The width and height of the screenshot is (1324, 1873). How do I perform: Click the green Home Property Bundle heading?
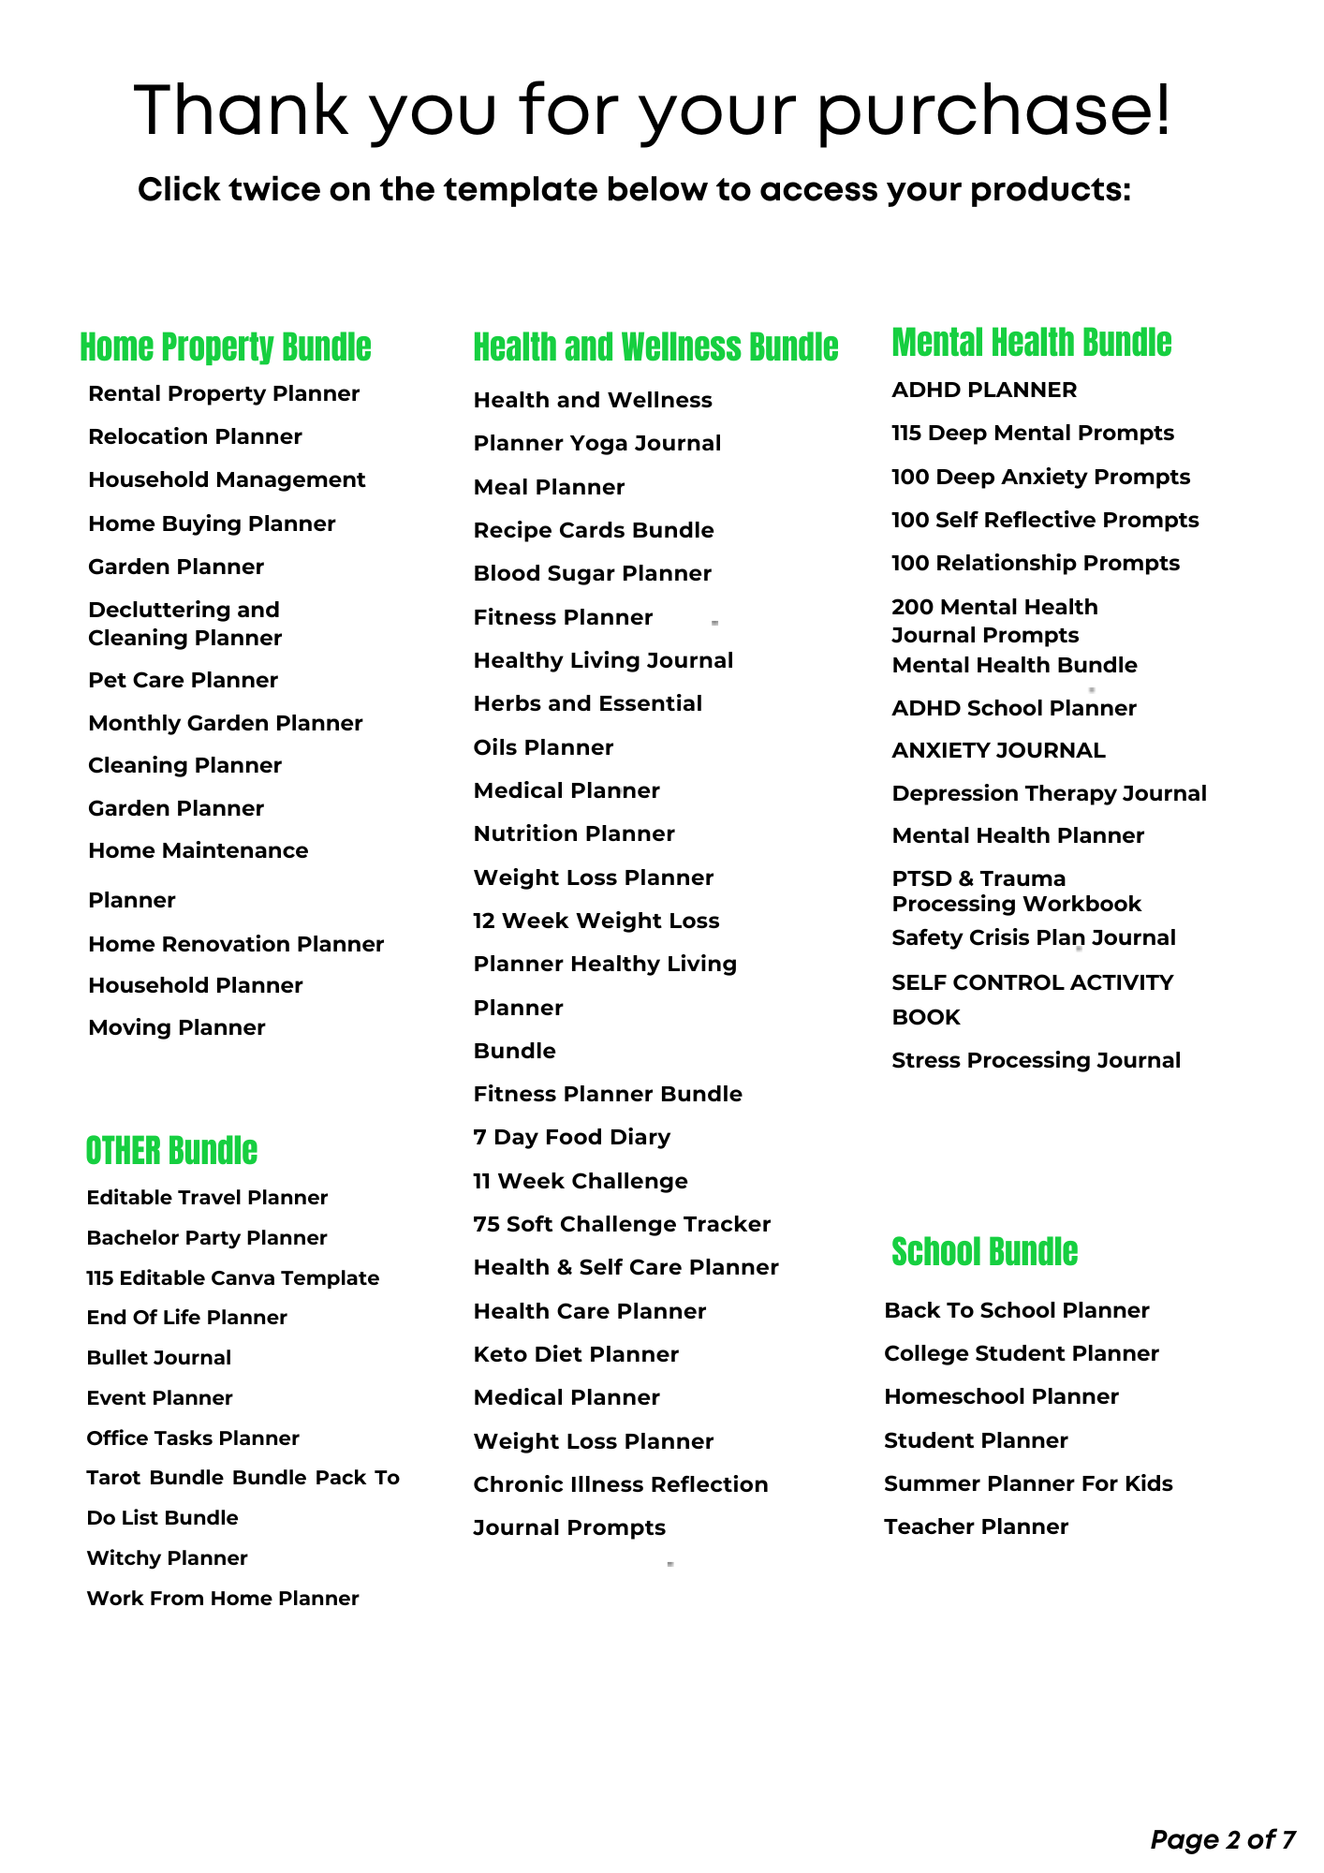pyautogui.click(x=226, y=347)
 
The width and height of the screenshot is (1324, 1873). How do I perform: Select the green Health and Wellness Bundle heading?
pyautogui.click(x=655, y=347)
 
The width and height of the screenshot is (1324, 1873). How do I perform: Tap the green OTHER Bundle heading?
pyautogui.click(x=171, y=1151)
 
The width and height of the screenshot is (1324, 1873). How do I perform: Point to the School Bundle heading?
pyautogui.click(x=984, y=1252)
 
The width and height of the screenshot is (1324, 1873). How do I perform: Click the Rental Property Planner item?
pyautogui.click(x=224, y=394)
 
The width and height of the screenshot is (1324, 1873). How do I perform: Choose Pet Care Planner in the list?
pyautogui.click(x=183, y=681)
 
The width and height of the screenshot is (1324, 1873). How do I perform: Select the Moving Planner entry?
pyautogui.click(x=177, y=1028)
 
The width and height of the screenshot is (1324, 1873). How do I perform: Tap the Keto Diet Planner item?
pyautogui.click(x=576, y=1355)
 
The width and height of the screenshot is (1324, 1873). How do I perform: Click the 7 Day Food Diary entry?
pyautogui.click(x=572, y=1138)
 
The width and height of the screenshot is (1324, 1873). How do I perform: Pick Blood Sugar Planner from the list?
pyautogui.click(x=592, y=574)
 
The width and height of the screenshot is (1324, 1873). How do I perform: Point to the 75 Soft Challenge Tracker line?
pyautogui.click(x=622, y=1225)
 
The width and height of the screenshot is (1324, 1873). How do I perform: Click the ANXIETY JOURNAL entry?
pyautogui.click(x=998, y=751)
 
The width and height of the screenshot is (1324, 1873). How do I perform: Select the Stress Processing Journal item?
pyautogui.click(x=1036, y=1061)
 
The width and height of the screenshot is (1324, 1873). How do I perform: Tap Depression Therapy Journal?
pyautogui.click(x=1049, y=794)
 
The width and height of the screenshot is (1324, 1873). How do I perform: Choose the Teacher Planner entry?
pyautogui.click(x=976, y=1527)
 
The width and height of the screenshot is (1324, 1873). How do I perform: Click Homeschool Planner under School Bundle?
pyautogui.click(x=1001, y=1397)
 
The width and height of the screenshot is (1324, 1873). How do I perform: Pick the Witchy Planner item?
pyautogui.click(x=167, y=1558)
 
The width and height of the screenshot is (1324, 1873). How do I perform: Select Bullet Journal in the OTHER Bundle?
pyautogui.click(x=158, y=1358)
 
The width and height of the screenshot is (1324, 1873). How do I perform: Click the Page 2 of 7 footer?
pyautogui.click(x=1222, y=1840)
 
